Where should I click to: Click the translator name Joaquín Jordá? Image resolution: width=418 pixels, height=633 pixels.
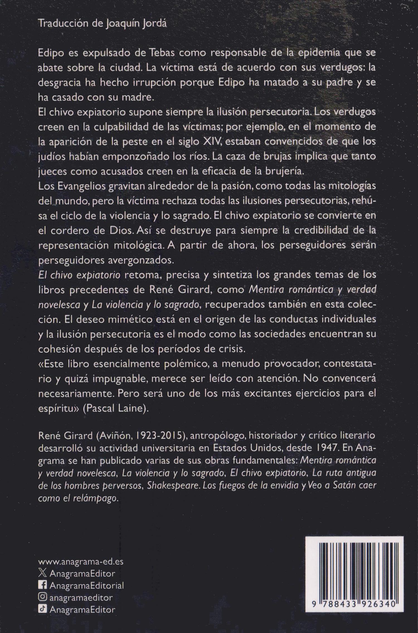136,24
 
